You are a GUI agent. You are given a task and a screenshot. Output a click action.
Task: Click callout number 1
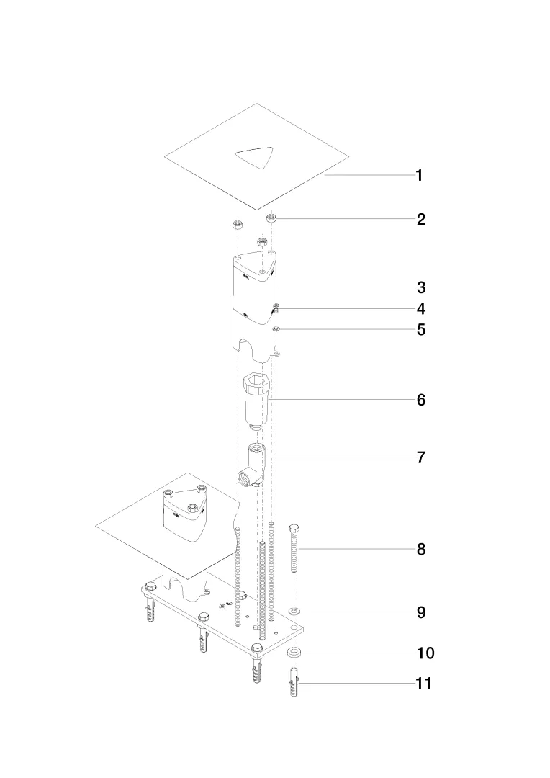click(420, 176)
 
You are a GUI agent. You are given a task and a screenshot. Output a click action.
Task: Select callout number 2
click(421, 220)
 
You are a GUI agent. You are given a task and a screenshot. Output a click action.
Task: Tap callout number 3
click(421, 288)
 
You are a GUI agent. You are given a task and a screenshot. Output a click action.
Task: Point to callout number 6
click(421, 400)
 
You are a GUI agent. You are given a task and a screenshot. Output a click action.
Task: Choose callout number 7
click(421, 457)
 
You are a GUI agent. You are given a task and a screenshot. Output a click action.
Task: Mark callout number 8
click(421, 550)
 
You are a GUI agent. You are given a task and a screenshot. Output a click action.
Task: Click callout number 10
click(425, 653)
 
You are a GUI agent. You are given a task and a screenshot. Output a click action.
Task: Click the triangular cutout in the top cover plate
click(256, 158)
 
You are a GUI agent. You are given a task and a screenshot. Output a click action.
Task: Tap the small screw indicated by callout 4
click(276, 309)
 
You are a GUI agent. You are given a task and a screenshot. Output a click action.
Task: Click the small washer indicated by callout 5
click(276, 329)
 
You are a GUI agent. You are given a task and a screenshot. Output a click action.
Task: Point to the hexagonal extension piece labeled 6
click(257, 398)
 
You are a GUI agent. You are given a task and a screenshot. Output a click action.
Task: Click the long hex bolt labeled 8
click(295, 549)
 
